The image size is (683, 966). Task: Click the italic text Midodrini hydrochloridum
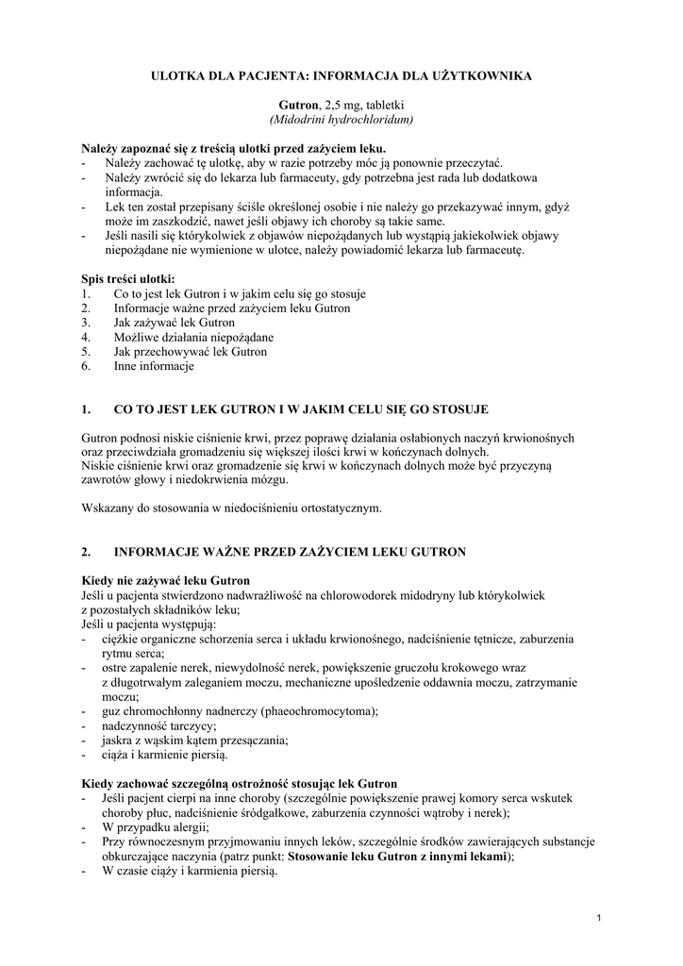pyautogui.click(x=341, y=120)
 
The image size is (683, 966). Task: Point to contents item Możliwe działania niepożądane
pyautogui.click(x=193, y=337)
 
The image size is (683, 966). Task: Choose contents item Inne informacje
pyautogui.click(x=154, y=365)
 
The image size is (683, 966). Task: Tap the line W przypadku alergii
pyautogui.click(x=155, y=826)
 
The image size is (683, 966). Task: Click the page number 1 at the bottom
pyautogui.click(x=600, y=917)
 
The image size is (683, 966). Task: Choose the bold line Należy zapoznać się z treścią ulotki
pyautogui.click(x=233, y=148)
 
